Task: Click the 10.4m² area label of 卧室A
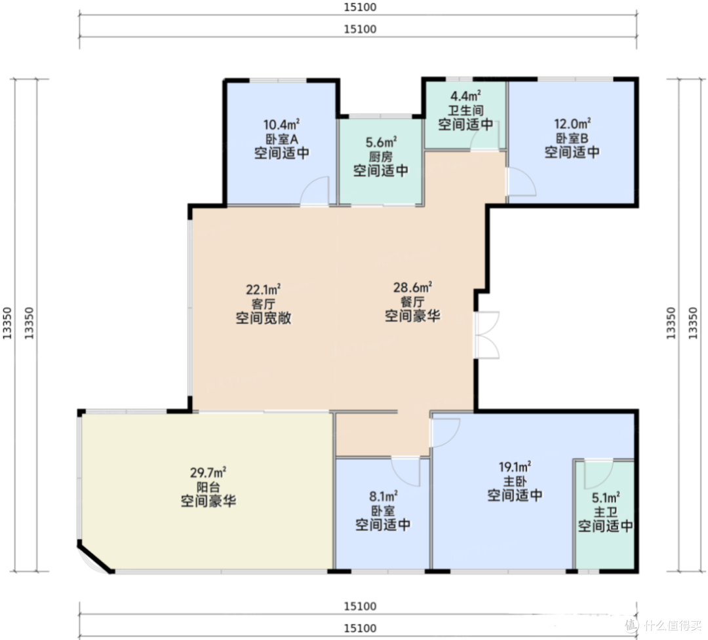pyautogui.click(x=282, y=124)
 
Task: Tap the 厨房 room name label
pyautogui.click(x=381, y=157)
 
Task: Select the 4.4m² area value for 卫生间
pyautogui.click(x=465, y=96)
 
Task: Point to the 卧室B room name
pyautogui.click(x=572, y=138)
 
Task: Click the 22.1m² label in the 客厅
pyautogui.click(x=264, y=289)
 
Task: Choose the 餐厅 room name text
pyautogui.click(x=412, y=301)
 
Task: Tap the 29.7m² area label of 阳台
pyautogui.click(x=208, y=472)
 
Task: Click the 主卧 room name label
pyautogui.click(x=515, y=481)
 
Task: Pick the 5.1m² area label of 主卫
pyautogui.click(x=606, y=497)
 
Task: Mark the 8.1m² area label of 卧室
pyautogui.click(x=383, y=497)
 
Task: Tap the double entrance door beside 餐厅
pyautogui.click(x=486, y=335)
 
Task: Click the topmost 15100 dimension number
pyautogui.click(x=360, y=7)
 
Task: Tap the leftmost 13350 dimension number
pyautogui.click(x=7, y=323)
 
